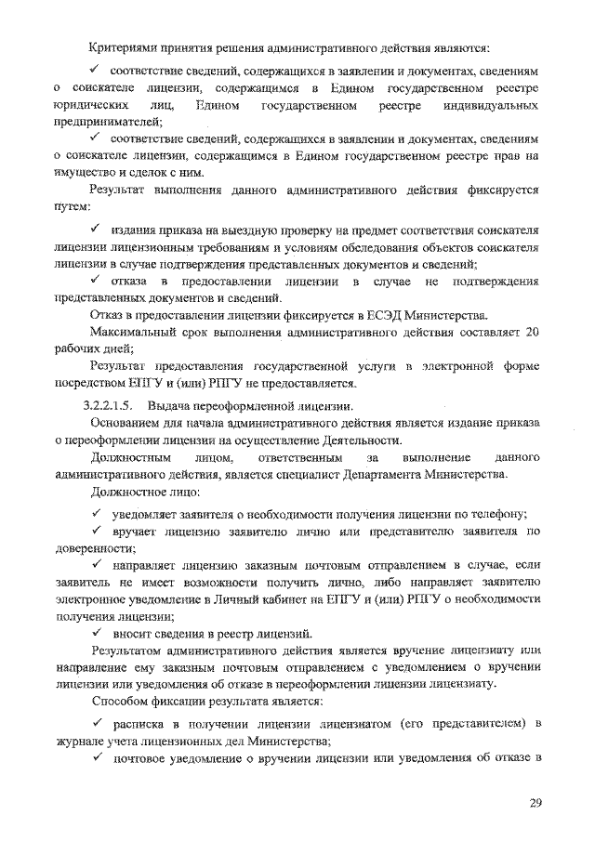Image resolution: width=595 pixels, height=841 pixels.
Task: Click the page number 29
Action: click(535, 803)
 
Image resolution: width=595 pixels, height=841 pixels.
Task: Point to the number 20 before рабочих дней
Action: click(533, 333)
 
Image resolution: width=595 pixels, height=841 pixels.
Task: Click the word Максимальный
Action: click(137, 333)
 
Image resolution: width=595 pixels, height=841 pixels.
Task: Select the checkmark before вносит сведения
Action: click(96, 632)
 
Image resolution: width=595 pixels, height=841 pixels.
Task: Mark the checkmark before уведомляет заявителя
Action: click(96, 514)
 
